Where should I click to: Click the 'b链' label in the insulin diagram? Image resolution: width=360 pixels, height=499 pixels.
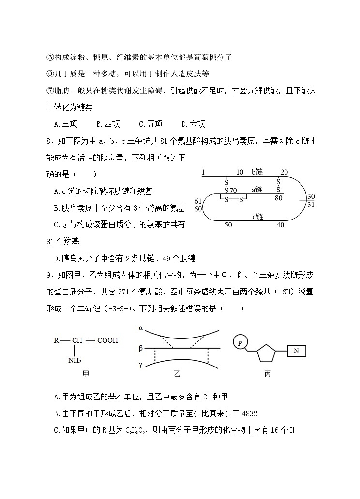[x=257, y=173]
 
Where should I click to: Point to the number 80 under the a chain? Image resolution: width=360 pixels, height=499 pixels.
[x=278, y=198]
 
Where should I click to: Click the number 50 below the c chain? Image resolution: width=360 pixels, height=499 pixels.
[x=228, y=225]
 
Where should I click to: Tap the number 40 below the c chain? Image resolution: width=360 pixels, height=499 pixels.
[x=280, y=225]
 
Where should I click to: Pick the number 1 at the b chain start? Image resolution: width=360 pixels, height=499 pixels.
[x=203, y=173]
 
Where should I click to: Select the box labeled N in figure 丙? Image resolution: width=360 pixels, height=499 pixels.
[x=296, y=351]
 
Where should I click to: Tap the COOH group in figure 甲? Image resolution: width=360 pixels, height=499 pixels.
[x=107, y=340]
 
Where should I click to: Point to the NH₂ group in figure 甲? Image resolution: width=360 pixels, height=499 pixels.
[x=75, y=360]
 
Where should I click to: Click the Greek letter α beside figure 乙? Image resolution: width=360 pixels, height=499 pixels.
[x=141, y=328]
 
